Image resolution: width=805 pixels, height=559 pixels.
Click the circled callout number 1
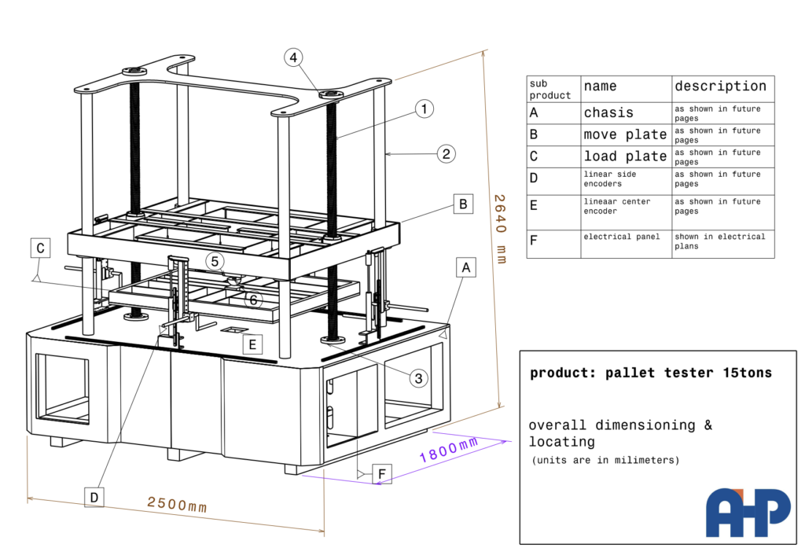(424, 109)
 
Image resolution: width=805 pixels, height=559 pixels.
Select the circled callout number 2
(446, 153)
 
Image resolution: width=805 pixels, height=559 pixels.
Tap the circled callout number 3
(419, 378)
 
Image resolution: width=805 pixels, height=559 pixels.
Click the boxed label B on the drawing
(463, 204)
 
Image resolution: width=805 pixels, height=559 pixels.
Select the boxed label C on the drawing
(41, 248)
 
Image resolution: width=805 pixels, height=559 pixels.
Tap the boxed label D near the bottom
(94, 496)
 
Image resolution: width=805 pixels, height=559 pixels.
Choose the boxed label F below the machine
(382, 474)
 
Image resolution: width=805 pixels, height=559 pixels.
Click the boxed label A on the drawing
(466, 268)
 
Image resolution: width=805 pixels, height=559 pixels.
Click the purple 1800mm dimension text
(448, 450)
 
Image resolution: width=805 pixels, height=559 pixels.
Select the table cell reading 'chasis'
(608, 112)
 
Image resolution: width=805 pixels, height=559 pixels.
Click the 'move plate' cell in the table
(625, 134)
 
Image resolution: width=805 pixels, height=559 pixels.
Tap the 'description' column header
(720, 86)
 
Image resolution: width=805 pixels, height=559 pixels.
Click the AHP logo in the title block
(747, 513)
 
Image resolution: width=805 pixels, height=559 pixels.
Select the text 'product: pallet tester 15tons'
(651, 373)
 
